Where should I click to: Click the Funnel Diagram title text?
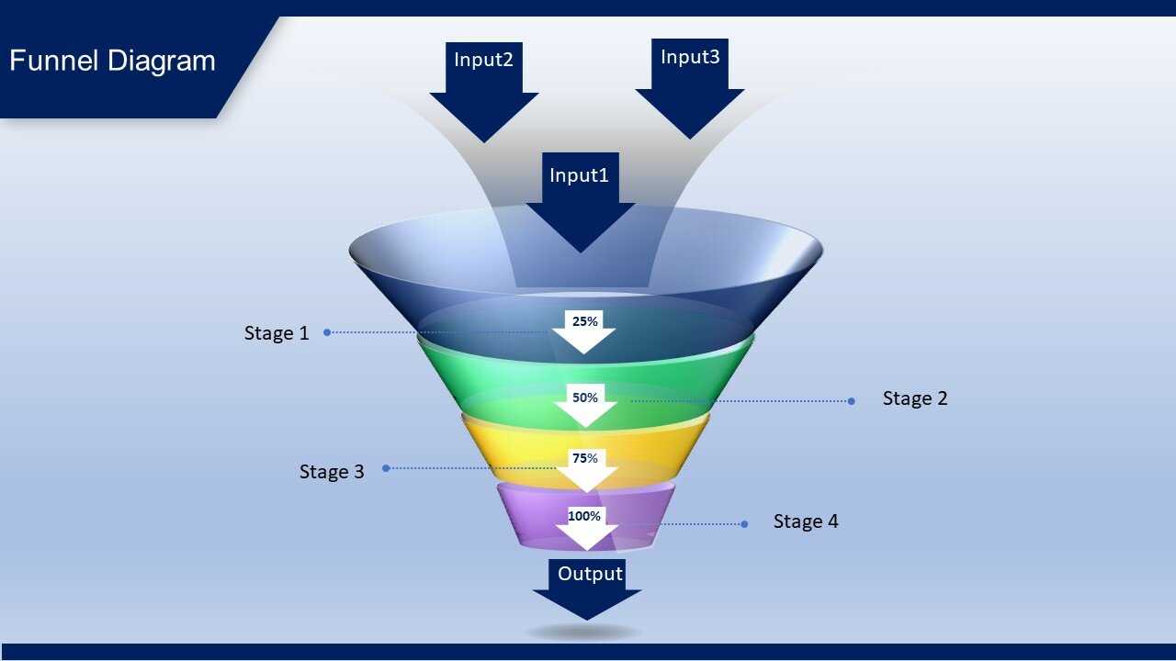pos(112,61)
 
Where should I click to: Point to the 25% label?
pos(585,321)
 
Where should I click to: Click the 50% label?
pos(585,398)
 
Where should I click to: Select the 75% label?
pos(585,458)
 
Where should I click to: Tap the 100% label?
pos(584,516)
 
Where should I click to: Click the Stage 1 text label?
pos(277,333)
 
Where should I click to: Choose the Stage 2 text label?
pos(915,398)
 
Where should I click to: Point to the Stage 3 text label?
pos(332,472)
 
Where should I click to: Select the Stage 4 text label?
pos(806,521)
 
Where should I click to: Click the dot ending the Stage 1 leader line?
pos(327,332)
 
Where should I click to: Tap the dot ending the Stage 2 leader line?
pos(851,401)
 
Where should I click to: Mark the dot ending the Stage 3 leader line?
pos(386,468)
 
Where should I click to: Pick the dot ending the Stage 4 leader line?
pos(744,524)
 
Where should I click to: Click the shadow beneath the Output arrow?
pos(583,632)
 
